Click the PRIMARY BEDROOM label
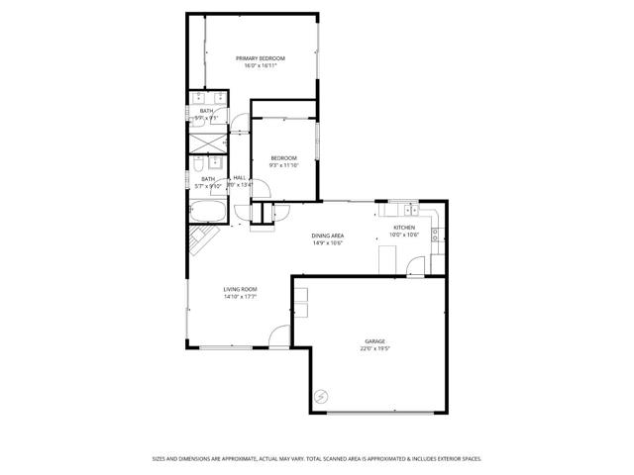click(261, 58)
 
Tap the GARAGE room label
click(373, 341)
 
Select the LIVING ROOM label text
click(240, 289)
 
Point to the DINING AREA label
click(327, 235)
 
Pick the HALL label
click(239, 177)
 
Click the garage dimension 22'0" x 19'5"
click(373, 349)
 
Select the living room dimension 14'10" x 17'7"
click(240, 297)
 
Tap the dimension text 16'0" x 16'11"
click(261, 66)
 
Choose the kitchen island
click(388, 259)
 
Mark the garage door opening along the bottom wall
click(380, 412)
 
